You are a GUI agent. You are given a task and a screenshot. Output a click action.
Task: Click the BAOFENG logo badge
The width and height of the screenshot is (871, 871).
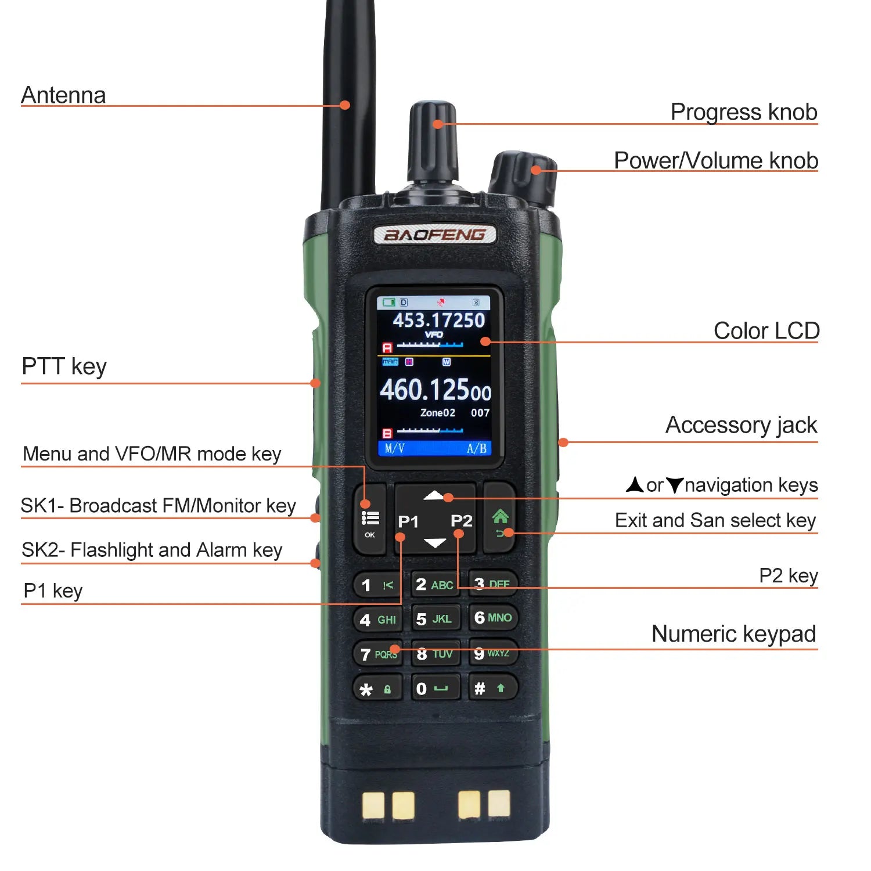[x=434, y=235]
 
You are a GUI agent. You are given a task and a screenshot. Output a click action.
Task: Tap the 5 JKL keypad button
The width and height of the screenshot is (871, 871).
[x=434, y=619]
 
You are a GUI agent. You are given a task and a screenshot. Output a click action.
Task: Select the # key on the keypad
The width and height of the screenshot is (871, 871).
[x=491, y=689]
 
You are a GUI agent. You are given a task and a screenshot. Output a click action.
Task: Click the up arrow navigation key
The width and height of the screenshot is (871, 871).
[x=434, y=495]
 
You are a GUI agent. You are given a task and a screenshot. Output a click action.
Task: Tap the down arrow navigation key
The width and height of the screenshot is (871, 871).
[x=434, y=544]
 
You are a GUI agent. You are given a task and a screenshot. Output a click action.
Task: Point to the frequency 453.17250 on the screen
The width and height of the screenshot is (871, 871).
[x=438, y=320]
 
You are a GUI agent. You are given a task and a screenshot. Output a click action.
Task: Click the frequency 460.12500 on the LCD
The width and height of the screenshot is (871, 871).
[x=435, y=390]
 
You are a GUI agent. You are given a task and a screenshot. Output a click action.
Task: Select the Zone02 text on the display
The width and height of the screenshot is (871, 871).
[x=437, y=413]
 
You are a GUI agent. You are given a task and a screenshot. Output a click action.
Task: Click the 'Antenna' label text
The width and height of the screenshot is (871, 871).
[x=63, y=95]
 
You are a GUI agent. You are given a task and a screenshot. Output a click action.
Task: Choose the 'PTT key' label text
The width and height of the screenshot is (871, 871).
[x=64, y=367]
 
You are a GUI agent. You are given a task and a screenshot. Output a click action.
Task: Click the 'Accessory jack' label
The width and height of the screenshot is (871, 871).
[x=741, y=425]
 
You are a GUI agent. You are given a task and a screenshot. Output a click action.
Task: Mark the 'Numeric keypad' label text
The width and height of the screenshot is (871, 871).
[x=733, y=634]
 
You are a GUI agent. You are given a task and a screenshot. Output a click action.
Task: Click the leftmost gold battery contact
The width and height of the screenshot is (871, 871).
[x=373, y=805]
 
